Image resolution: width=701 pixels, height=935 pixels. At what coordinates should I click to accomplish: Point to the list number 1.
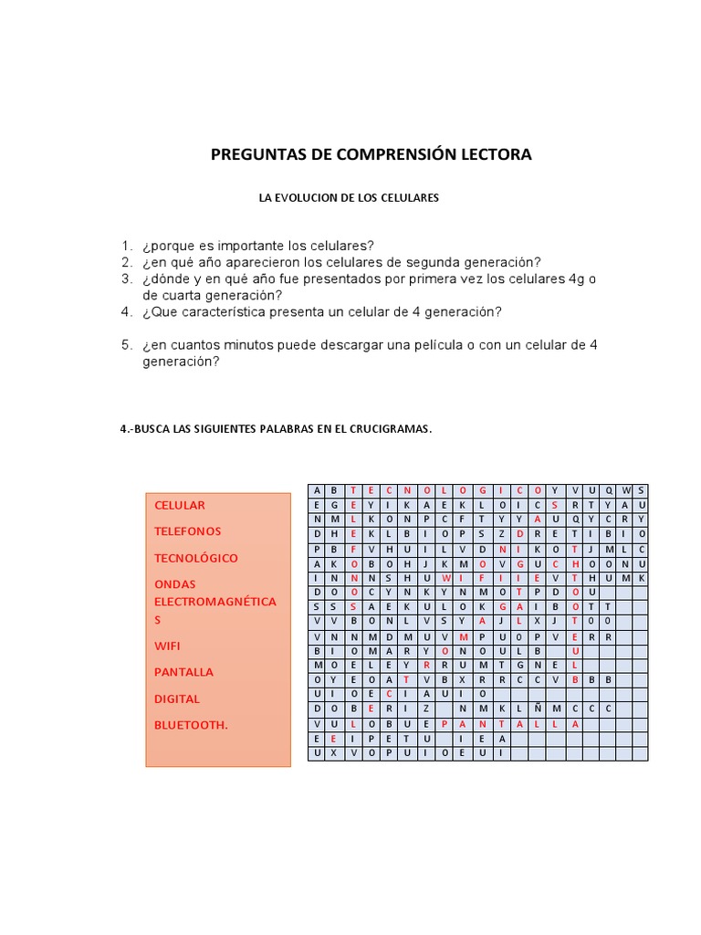(127, 246)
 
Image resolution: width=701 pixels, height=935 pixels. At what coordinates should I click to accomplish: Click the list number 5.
(127, 344)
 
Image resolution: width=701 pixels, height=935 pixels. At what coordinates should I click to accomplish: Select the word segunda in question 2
(439, 262)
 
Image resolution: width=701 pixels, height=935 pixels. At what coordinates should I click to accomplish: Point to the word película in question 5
(476, 344)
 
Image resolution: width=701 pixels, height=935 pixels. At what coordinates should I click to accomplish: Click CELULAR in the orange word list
(180, 505)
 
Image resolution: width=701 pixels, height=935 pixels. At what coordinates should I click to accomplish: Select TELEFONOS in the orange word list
(188, 531)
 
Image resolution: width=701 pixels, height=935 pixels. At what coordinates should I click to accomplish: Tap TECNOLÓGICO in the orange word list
(196, 557)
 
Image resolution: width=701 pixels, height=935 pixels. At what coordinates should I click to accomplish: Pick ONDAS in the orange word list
(175, 583)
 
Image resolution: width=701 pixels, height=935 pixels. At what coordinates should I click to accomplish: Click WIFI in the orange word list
(168, 646)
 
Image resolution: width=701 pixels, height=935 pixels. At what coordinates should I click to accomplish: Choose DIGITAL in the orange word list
(177, 699)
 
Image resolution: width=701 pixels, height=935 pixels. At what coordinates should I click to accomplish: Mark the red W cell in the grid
(445, 578)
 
